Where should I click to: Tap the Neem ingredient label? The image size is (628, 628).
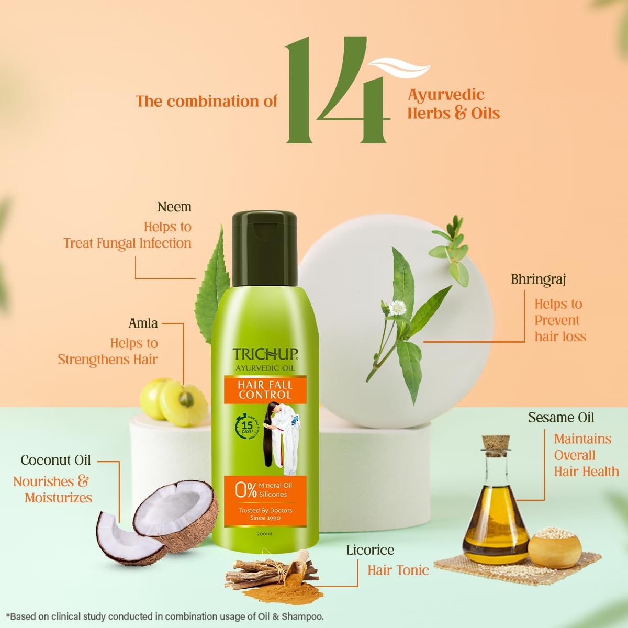pyautogui.click(x=174, y=207)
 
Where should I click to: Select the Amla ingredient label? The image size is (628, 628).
pyautogui.click(x=143, y=323)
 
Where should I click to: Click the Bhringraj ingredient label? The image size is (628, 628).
pyautogui.click(x=539, y=279)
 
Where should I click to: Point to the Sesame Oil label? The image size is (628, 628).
pyautogui.click(x=561, y=418)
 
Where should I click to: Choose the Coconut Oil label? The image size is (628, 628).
pyautogui.click(x=55, y=461)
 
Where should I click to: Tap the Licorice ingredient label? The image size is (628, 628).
pyautogui.click(x=370, y=550)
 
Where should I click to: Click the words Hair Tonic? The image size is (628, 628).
pyautogui.click(x=398, y=570)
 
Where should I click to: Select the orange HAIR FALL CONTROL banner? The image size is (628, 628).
pyautogui.click(x=265, y=390)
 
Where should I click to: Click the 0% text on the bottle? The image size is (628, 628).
pyautogui.click(x=245, y=490)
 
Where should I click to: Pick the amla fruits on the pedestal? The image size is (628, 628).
pyautogui.click(x=173, y=400)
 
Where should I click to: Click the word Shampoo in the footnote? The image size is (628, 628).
pyautogui.click(x=302, y=616)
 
